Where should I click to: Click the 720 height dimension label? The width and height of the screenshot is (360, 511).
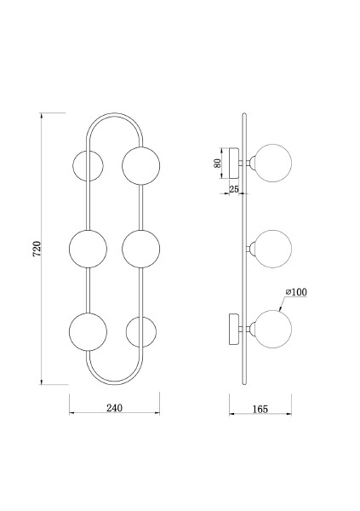(x=37, y=249)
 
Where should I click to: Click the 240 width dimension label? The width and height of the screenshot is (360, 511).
(x=114, y=408)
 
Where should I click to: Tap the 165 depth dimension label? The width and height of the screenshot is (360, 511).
(x=260, y=409)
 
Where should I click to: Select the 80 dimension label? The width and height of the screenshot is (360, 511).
(x=217, y=163)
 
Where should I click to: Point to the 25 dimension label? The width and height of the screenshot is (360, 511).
(x=234, y=189)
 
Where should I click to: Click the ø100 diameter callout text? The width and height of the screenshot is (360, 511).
(x=296, y=292)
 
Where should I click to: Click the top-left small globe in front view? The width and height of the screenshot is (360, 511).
(x=88, y=166)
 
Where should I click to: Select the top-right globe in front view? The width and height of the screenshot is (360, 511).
(x=141, y=165)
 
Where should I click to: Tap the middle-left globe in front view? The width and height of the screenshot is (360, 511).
(x=88, y=249)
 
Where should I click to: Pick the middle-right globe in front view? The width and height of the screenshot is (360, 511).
(x=141, y=249)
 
